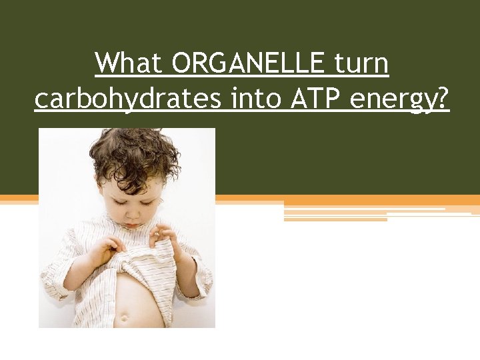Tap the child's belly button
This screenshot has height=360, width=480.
[x=123, y=317]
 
